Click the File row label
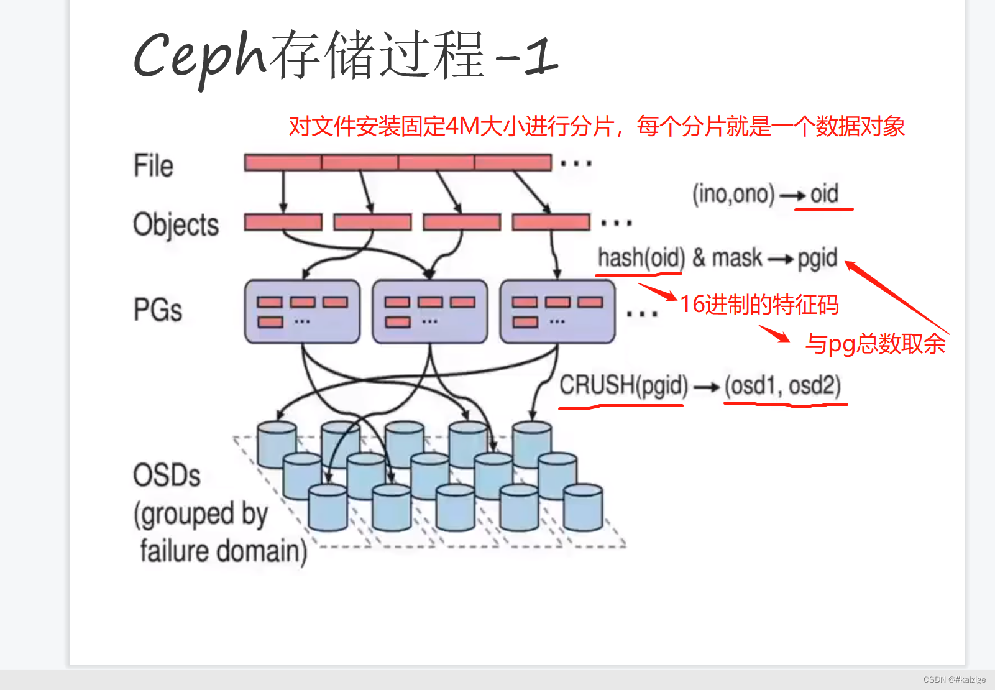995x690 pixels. [x=154, y=166]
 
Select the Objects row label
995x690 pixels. [x=176, y=224]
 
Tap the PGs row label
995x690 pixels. [x=158, y=310]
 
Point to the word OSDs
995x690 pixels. [x=167, y=476]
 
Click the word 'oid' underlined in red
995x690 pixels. [x=824, y=194]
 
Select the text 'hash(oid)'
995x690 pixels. [x=641, y=257]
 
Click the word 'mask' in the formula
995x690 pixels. [x=736, y=257]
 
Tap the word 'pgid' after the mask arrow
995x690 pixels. [x=817, y=258]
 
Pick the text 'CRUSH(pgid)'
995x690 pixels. [x=623, y=385]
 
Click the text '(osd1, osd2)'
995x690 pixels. [x=782, y=386]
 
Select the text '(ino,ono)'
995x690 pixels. [x=733, y=194]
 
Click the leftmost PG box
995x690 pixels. [x=302, y=311]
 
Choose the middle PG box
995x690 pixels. [x=429, y=311]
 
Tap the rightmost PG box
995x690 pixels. [x=557, y=311]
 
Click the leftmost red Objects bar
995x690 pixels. [x=283, y=222]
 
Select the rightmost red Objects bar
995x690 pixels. [x=551, y=222]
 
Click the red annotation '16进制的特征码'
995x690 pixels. [x=759, y=305]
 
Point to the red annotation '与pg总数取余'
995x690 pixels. [x=875, y=344]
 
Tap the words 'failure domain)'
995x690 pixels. [x=224, y=551]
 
